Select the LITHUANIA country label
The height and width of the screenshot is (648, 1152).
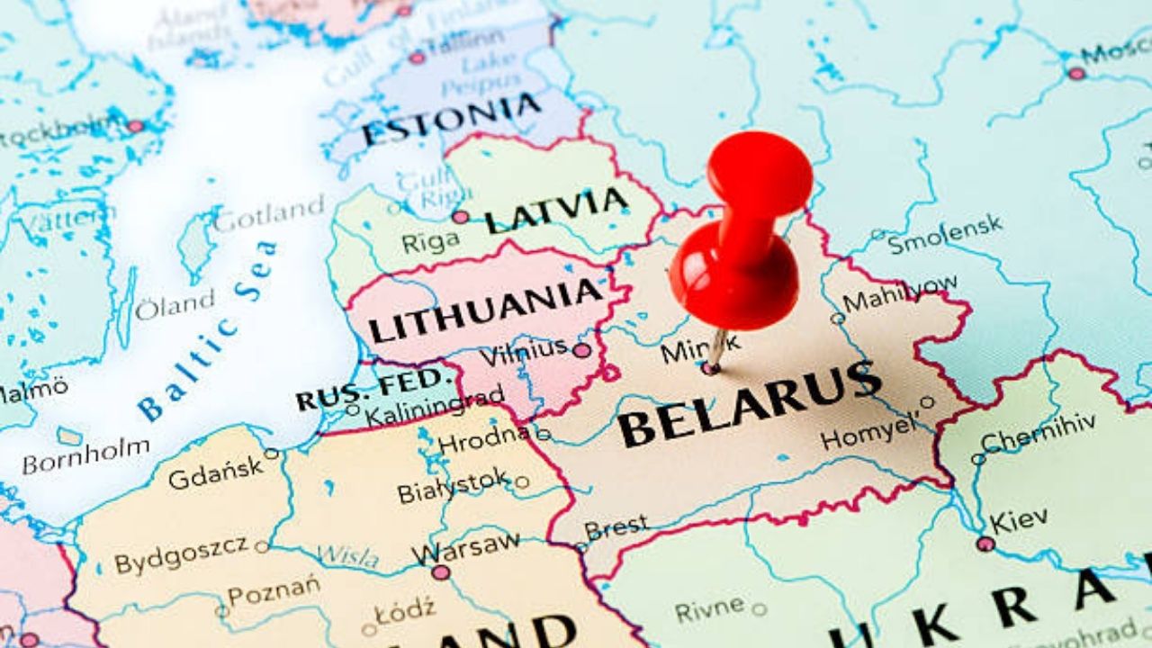[485, 310]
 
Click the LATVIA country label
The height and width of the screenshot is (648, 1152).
[556, 210]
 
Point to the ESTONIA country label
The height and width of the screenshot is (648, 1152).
[452, 120]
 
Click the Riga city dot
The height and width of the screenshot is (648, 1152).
[460, 217]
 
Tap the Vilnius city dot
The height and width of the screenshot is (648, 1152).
[582, 350]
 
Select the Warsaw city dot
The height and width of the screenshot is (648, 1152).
[440, 572]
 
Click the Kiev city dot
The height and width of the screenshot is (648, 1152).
[985, 544]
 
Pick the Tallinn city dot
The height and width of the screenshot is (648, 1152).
[417, 58]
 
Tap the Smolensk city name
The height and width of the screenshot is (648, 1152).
[945, 233]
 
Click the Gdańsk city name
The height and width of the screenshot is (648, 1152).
[215, 473]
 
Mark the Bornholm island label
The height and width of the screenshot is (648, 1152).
[85, 456]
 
